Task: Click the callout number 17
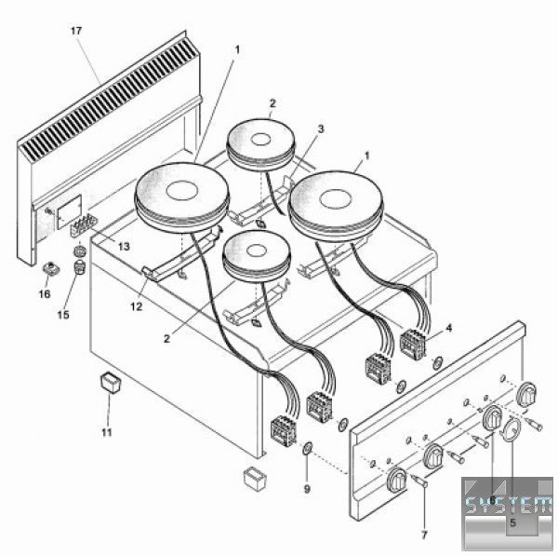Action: click(x=76, y=31)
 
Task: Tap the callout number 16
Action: click(x=45, y=293)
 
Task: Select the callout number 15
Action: click(x=63, y=315)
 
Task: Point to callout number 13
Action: click(x=124, y=247)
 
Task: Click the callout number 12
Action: click(x=137, y=306)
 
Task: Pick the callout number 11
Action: click(x=107, y=433)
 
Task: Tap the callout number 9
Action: click(x=307, y=489)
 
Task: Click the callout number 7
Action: click(x=424, y=535)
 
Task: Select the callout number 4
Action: click(x=449, y=328)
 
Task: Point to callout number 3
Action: click(x=321, y=129)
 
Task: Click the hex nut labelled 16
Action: click(x=50, y=268)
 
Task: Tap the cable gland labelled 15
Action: click(x=80, y=267)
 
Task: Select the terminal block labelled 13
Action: click(x=84, y=224)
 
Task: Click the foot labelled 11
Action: click(x=111, y=382)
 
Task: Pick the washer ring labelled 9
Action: click(x=307, y=448)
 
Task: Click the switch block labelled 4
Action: click(x=413, y=343)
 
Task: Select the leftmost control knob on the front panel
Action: click(x=397, y=480)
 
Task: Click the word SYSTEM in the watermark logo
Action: click(x=508, y=504)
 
